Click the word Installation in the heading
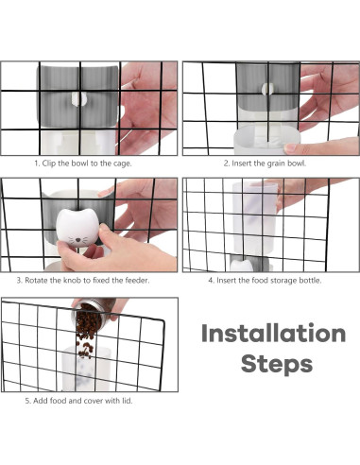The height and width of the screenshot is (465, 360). click(273, 333)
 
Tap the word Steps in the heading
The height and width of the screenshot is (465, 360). click(277, 364)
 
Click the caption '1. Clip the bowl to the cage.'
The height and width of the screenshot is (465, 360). click(83, 164)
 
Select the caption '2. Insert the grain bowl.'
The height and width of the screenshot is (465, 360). click(265, 164)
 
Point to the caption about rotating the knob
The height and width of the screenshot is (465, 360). click(83, 280)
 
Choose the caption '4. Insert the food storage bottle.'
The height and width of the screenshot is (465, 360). click(265, 280)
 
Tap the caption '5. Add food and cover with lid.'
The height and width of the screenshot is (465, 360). click(78, 401)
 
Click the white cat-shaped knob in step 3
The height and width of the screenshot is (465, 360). click(77, 228)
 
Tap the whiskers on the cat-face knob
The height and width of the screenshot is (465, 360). click(78, 241)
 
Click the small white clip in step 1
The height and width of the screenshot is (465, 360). click(78, 99)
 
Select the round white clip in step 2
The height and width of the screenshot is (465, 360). click(267, 89)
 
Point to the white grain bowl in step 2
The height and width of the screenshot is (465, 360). click(266, 140)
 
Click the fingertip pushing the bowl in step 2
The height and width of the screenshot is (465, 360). click(290, 148)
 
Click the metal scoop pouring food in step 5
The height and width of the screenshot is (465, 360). click(92, 314)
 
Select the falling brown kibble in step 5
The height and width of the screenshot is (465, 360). click(87, 333)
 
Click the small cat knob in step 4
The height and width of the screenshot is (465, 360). click(242, 265)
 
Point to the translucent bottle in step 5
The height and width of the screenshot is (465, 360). click(86, 369)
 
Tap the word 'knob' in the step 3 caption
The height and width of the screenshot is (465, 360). click(72, 280)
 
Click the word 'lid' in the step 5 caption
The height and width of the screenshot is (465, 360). click(127, 401)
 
